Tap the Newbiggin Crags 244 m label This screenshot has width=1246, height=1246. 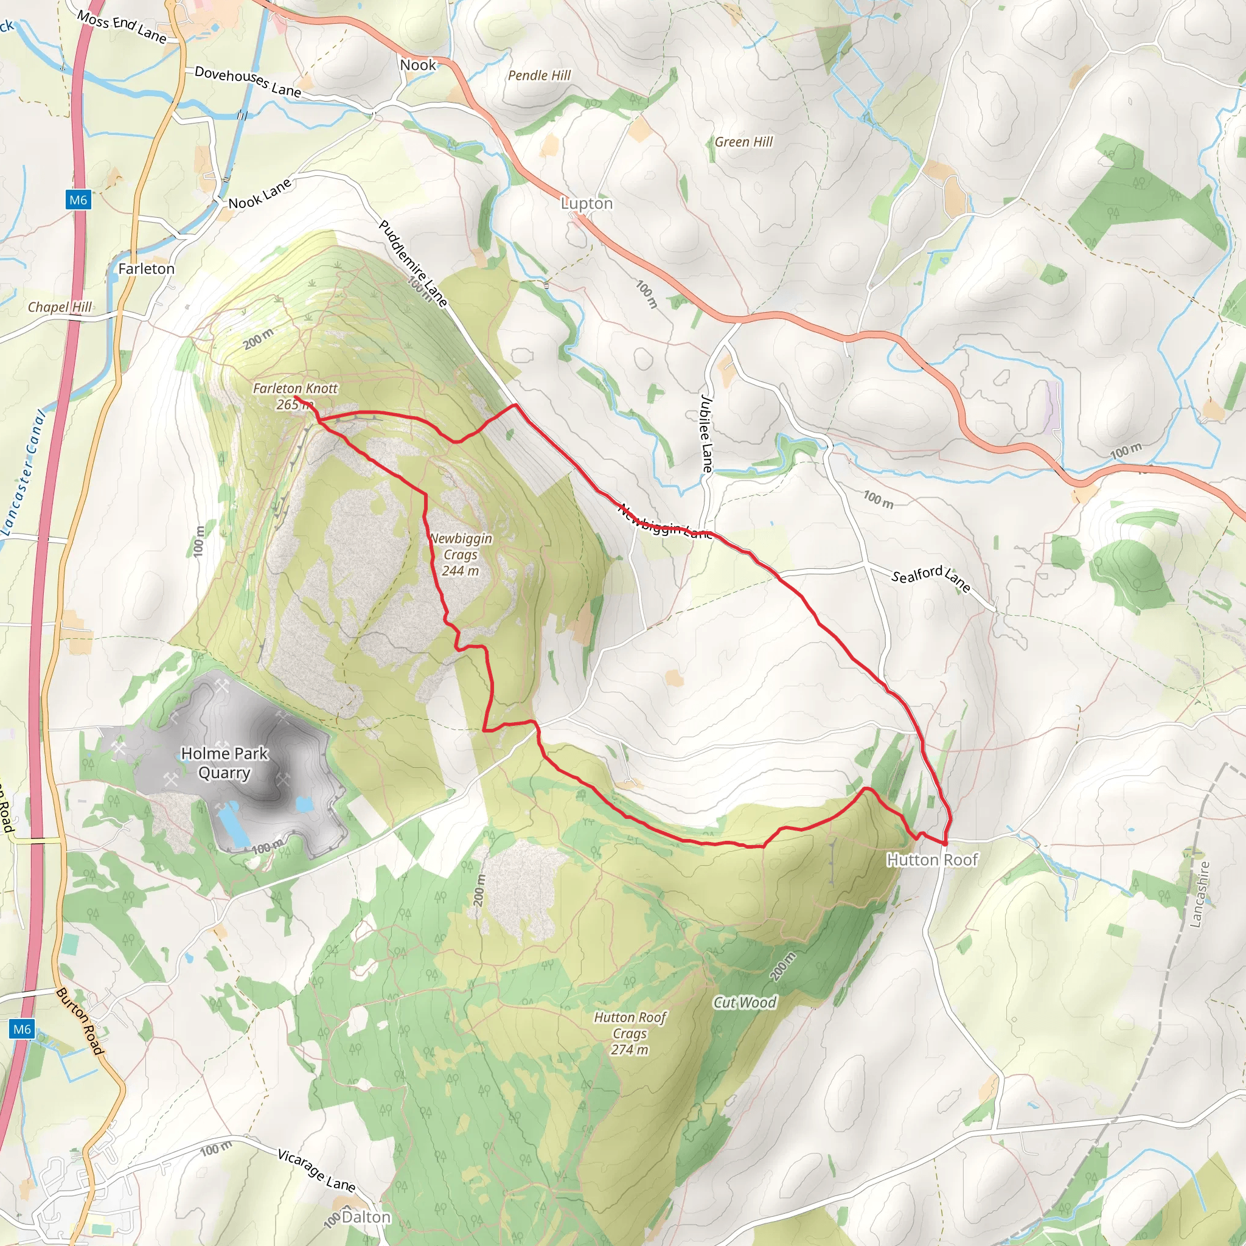(x=461, y=554)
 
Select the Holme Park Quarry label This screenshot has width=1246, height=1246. (x=224, y=762)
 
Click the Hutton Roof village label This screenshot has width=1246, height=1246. (x=932, y=860)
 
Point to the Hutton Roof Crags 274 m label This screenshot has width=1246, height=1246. (x=630, y=1033)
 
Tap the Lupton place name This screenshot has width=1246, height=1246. (x=586, y=203)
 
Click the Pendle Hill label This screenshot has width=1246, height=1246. (x=539, y=75)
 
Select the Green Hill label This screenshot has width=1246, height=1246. (x=743, y=142)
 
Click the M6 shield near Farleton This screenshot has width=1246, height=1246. (x=78, y=200)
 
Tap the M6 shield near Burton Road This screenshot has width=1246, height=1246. (x=22, y=1029)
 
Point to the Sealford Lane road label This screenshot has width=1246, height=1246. (x=930, y=579)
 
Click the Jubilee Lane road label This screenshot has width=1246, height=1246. (x=707, y=433)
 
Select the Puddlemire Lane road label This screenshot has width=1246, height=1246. (x=412, y=263)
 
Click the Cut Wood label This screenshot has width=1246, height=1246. (x=744, y=1002)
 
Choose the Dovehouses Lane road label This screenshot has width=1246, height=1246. (x=248, y=82)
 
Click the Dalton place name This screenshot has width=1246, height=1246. (x=366, y=1217)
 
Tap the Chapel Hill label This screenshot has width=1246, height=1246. (x=60, y=307)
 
